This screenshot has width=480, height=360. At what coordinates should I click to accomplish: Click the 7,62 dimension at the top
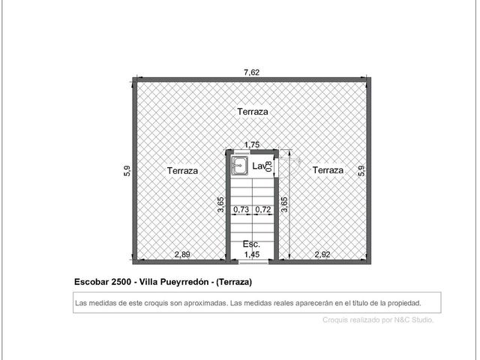click(252, 72)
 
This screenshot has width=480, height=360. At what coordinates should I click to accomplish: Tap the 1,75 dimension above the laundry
click(252, 145)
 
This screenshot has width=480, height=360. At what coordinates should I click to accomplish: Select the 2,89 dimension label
click(182, 254)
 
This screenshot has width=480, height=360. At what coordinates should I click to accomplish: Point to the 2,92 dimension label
click(322, 254)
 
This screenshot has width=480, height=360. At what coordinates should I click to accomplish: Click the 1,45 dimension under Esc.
click(252, 254)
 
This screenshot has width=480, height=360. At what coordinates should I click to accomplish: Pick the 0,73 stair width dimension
click(241, 209)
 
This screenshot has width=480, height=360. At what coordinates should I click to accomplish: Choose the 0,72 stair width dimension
click(263, 209)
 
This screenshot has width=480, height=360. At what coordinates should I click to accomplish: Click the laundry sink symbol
click(240, 166)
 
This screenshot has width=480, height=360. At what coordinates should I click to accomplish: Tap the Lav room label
click(258, 166)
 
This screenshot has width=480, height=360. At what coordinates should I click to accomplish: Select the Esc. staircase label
click(251, 244)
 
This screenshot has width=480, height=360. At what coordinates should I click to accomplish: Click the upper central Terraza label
click(253, 112)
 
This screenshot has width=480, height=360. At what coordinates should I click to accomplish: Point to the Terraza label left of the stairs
click(182, 170)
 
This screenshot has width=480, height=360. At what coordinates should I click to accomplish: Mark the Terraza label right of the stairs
click(328, 170)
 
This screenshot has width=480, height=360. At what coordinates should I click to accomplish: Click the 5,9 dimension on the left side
click(127, 171)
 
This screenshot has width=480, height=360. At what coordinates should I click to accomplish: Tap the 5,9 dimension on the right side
click(361, 171)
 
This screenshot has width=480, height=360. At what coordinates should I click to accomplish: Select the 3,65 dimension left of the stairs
click(220, 205)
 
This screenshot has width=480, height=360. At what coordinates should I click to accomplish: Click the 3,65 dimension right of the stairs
click(284, 205)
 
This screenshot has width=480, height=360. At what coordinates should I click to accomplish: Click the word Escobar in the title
click(91, 282)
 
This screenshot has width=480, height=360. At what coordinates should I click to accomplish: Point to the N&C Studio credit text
click(413, 320)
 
